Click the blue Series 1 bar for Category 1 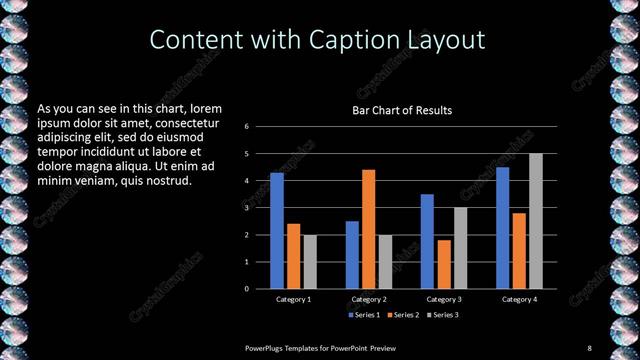[277, 231]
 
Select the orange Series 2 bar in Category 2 [369, 229]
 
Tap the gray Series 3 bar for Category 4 [536, 221]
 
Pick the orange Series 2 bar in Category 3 [444, 264]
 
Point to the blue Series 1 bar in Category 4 [503, 228]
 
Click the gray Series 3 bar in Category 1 [310, 262]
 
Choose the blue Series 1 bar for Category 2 [352, 255]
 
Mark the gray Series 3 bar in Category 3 [460, 248]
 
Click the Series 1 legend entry [364, 315]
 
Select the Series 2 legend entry [403, 315]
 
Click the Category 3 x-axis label [444, 299]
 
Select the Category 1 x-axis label [294, 299]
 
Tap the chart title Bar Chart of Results [401, 110]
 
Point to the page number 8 [589, 347]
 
